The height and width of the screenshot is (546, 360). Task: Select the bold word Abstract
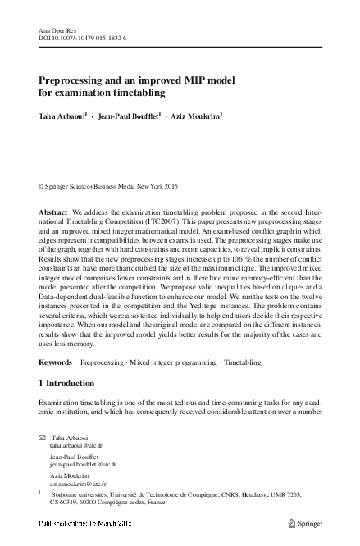click(x=53, y=212)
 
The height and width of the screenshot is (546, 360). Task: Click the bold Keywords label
click(x=57, y=361)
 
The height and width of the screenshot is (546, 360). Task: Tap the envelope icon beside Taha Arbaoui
click(x=43, y=439)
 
